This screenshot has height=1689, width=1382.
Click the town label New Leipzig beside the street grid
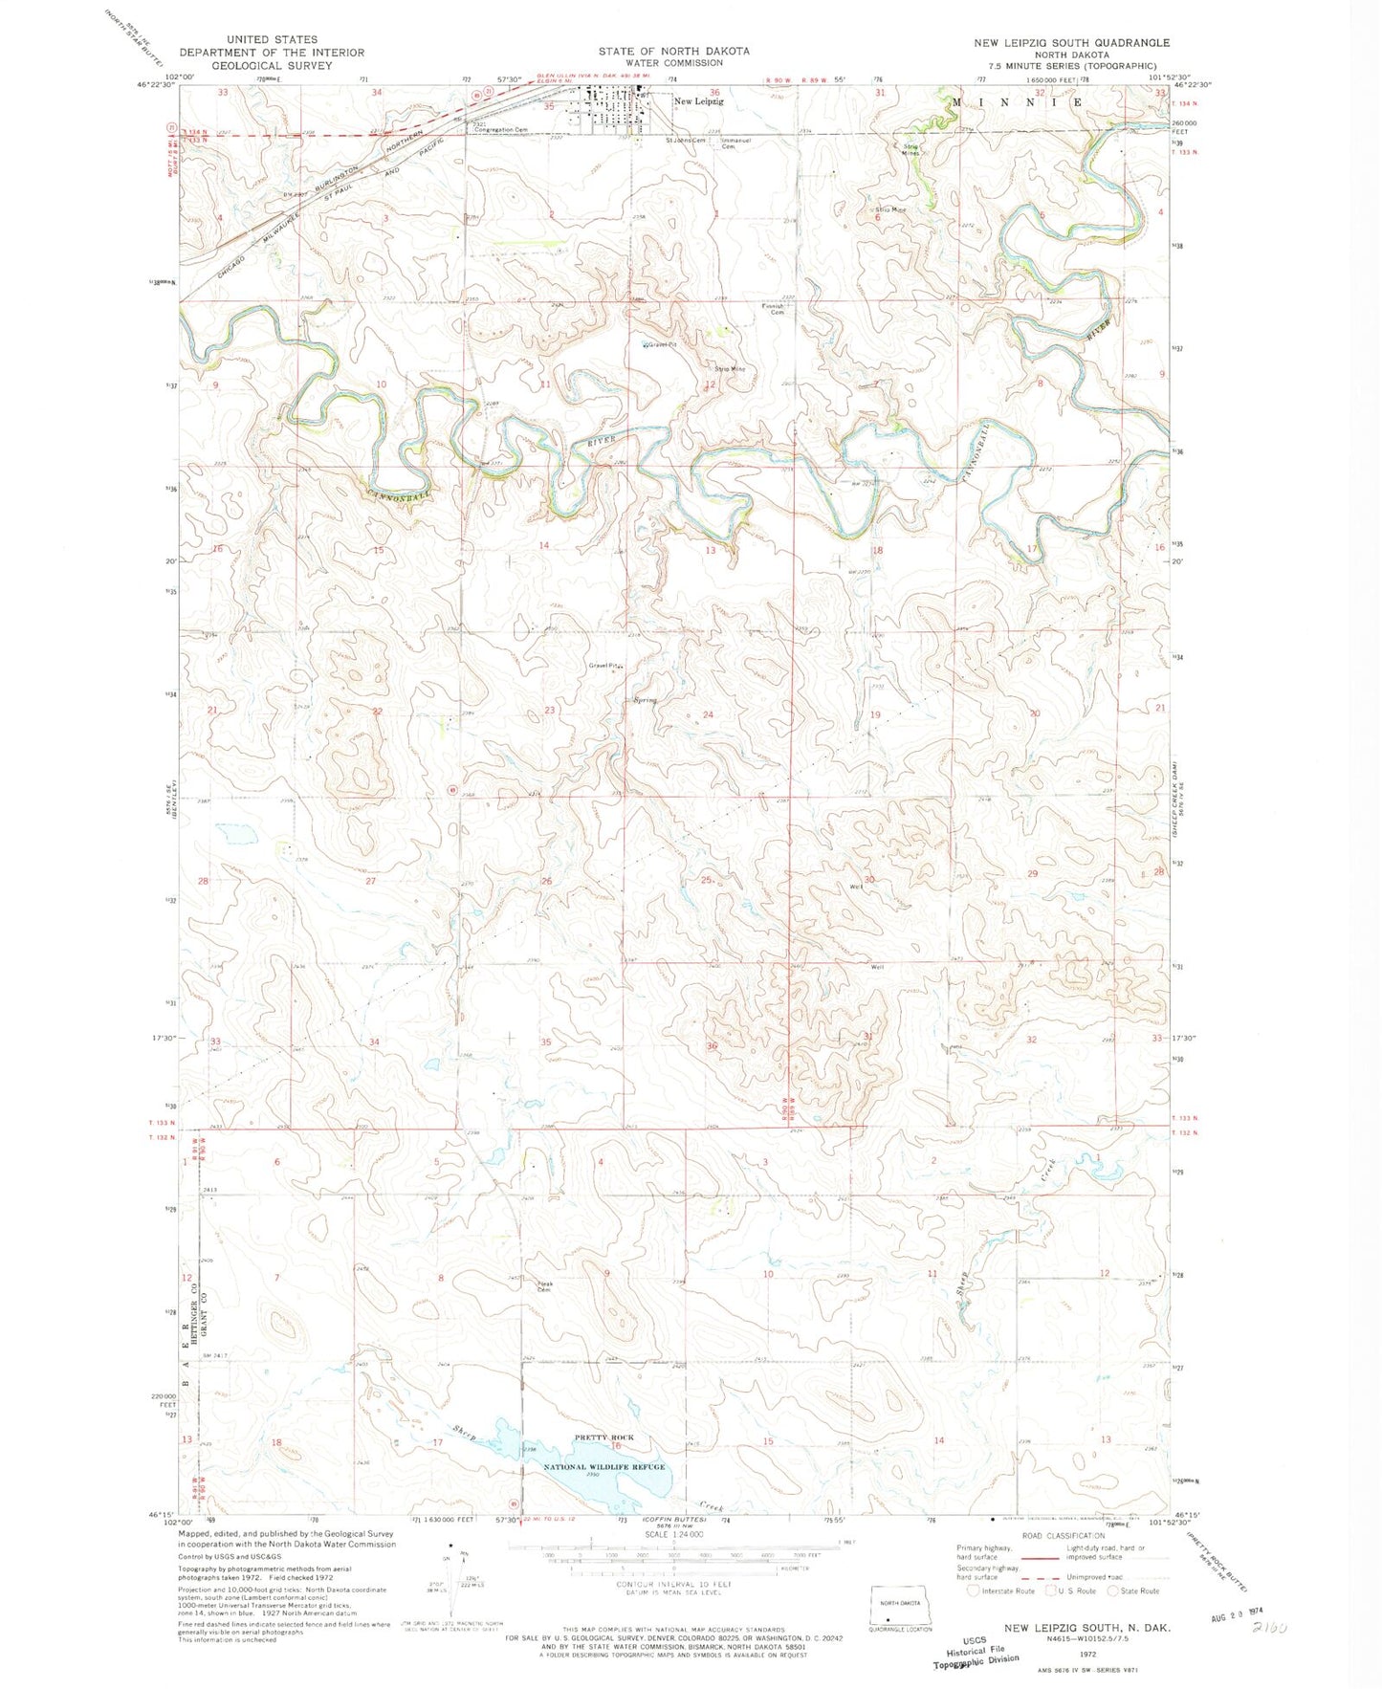698,100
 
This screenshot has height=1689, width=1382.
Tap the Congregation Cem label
501,129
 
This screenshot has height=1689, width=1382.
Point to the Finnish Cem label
774,309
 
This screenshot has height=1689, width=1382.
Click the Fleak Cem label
544,1286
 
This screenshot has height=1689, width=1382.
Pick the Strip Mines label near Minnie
911,148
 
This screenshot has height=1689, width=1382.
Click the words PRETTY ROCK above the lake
603,1437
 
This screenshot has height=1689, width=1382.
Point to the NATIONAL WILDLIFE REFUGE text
604,1466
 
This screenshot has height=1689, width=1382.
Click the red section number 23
549,710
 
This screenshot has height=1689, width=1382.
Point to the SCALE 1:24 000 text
674,1533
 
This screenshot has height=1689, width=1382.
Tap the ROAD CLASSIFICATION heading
1063,1537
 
